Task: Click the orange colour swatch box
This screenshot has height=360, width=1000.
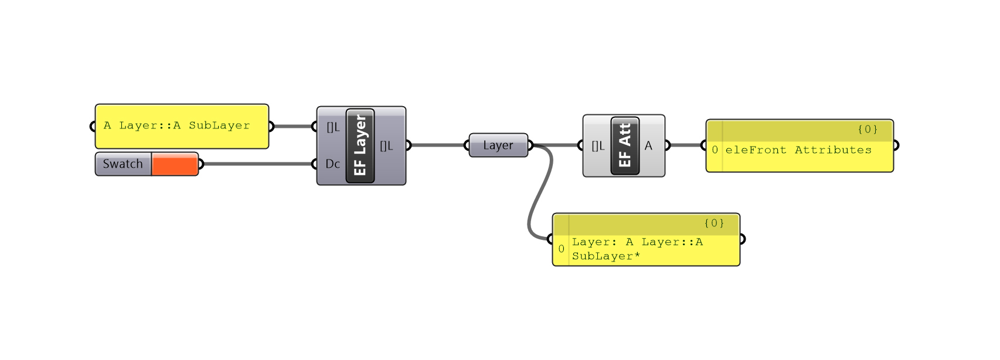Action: [x=175, y=164]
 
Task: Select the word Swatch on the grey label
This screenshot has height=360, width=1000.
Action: [x=123, y=164]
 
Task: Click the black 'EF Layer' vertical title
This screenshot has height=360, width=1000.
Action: [x=360, y=145]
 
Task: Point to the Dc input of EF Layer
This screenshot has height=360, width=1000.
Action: [x=332, y=164]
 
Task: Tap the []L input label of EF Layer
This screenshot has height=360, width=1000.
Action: [x=332, y=127]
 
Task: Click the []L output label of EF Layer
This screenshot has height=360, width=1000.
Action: [x=386, y=145]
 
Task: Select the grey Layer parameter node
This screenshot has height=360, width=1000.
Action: [x=498, y=145]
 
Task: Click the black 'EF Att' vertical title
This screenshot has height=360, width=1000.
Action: [x=625, y=145]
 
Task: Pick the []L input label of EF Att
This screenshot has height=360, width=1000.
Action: [x=597, y=146]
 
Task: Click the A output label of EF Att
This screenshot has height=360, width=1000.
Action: [x=648, y=145]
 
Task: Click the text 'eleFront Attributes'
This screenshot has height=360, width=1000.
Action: [x=798, y=150]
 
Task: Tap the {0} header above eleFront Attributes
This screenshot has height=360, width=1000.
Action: [x=867, y=130]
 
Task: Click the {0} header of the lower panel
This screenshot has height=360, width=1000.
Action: [x=713, y=223]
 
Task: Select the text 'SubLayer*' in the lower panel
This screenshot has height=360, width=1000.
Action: [x=606, y=256]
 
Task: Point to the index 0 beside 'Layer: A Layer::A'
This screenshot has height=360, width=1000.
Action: [x=561, y=249]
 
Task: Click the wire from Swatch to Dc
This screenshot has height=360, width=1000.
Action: [x=258, y=164]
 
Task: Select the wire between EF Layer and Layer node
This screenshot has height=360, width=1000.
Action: [x=437, y=145]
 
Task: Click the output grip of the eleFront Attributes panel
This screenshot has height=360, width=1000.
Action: [x=895, y=145]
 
